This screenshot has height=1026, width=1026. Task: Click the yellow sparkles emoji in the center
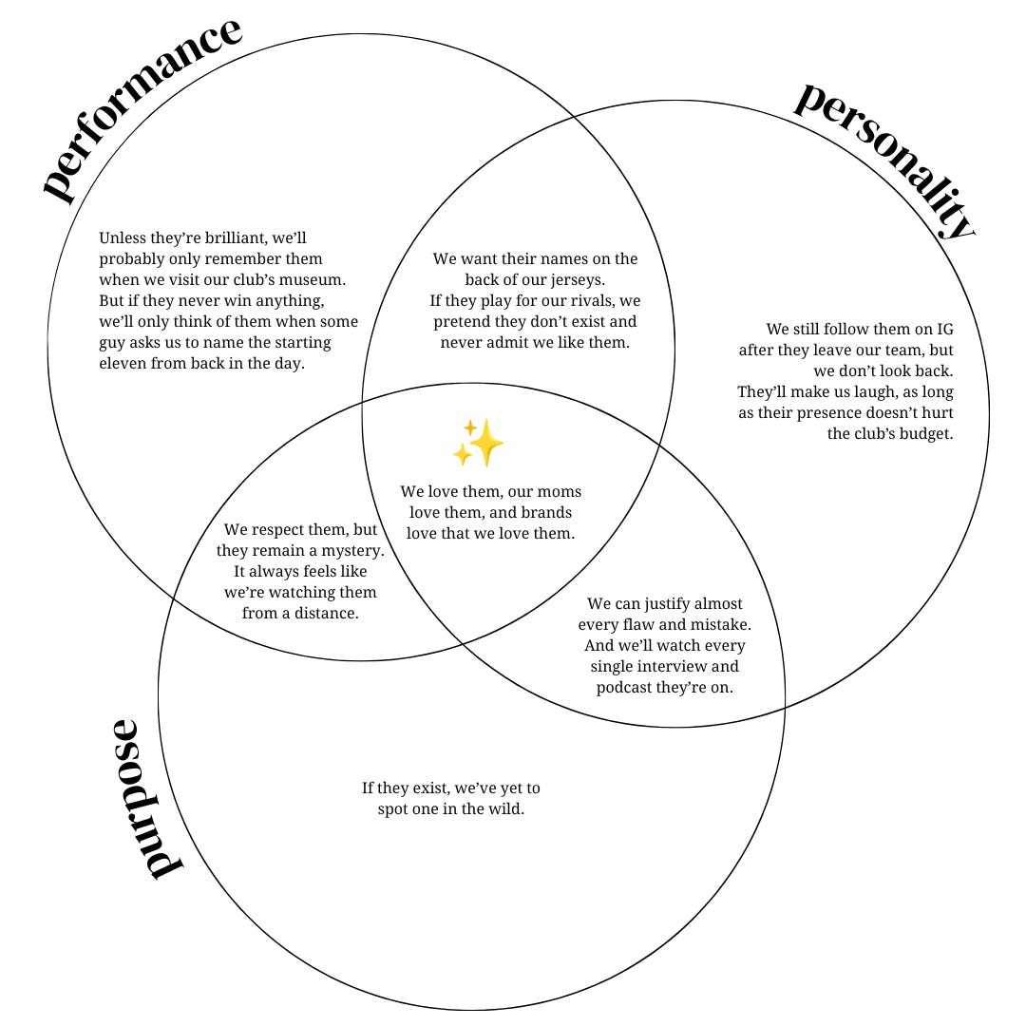(478, 444)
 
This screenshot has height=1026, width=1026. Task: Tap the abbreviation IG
(944, 329)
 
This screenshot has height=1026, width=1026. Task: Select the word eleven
(123, 363)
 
